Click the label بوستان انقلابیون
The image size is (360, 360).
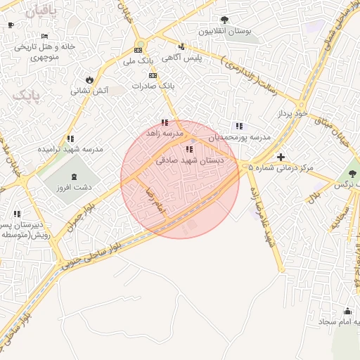[x=224, y=32]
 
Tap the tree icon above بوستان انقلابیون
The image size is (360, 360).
[x=224, y=20]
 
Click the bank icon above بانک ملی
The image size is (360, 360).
[x=139, y=50]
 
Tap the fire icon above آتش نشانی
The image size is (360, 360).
[x=89, y=79]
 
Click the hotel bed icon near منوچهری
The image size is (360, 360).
[x=45, y=36]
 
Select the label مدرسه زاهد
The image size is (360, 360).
[x=165, y=134]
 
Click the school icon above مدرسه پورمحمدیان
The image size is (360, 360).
[x=239, y=125]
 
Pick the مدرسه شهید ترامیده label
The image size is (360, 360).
[x=70, y=150]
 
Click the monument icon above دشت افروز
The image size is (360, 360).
[x=75, y=175]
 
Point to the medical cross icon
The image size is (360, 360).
[x=281, y=157]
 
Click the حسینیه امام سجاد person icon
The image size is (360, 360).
[x=347, y=311]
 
